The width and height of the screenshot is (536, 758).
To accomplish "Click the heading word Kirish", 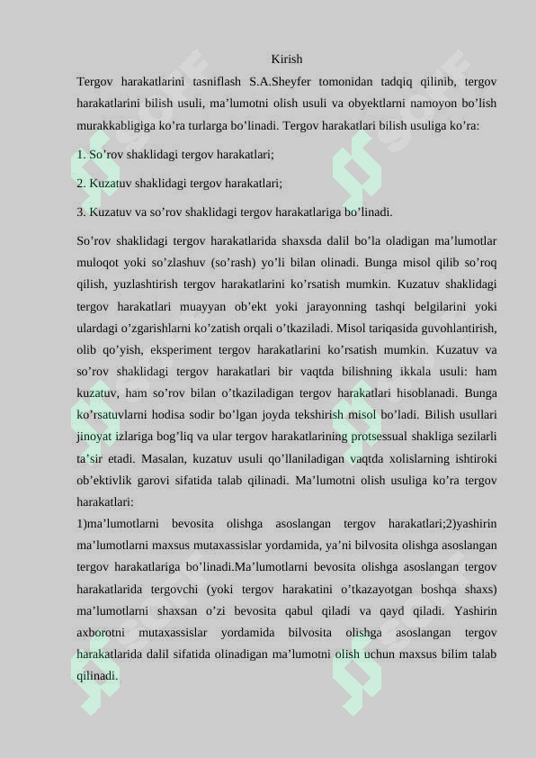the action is [x=286, y=59].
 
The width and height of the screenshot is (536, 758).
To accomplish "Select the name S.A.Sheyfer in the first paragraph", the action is [x=280, y=82].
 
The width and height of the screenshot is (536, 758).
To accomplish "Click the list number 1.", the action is [x=81, y=155].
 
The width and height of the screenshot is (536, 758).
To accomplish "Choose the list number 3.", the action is [x=81, y=212].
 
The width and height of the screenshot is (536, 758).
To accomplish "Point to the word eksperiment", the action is [x=174, y=349].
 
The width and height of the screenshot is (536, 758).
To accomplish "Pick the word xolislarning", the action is [x=415, y=458].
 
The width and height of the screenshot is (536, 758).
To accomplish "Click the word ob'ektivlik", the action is [x=108, y=480].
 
